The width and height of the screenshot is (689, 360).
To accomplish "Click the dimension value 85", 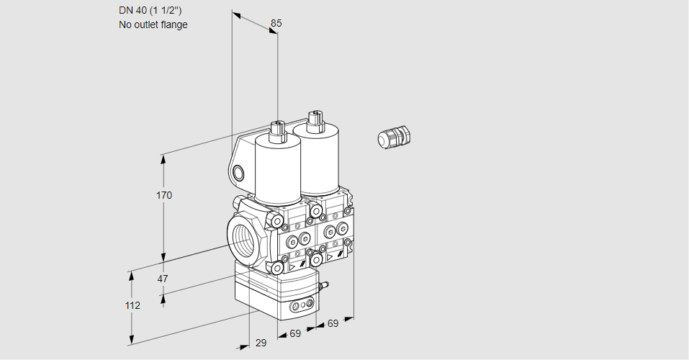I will [x=276, y=23].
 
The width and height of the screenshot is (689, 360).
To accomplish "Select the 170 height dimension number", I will [x=164, y=195].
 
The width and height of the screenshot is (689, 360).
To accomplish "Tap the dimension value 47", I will [x=163, y=279].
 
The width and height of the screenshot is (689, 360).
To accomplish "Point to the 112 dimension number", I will [x=132, y=305].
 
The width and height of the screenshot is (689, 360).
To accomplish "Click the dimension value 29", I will [x=261, y=343].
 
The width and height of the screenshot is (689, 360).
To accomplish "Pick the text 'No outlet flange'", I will [x=153, y=24].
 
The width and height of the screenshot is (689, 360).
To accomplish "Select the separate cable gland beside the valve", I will [x=393, y=137].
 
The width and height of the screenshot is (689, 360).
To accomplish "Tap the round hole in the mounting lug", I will [x=238, y=173].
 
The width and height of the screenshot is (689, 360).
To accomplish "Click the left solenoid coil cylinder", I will [x=277, y=169].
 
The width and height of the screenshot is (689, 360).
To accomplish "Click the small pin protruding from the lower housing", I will [x=324, y=287].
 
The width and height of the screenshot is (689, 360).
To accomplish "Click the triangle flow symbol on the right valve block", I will [x=330, y=256].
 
